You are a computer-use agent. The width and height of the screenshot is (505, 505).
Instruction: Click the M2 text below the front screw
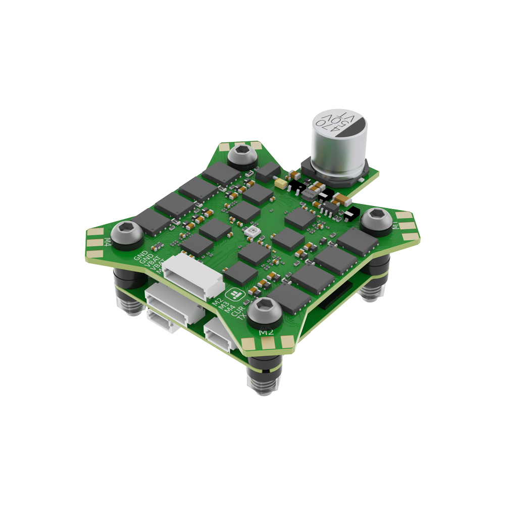pyautogui.click(x=266, y=332)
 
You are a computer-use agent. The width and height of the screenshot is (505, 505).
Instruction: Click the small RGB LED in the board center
pyautogui.click(x=251, y=232)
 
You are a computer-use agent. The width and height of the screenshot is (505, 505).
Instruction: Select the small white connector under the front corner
pyautogui.click(x=219, y=336)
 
